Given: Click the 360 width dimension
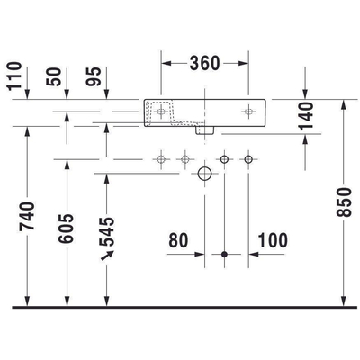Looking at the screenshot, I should (206, 63).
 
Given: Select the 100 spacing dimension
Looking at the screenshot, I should (273, 240).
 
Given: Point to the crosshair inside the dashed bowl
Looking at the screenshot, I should (163, 111).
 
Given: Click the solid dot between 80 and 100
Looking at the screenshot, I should (224, 255).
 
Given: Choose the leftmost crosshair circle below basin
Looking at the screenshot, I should (162, 159).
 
